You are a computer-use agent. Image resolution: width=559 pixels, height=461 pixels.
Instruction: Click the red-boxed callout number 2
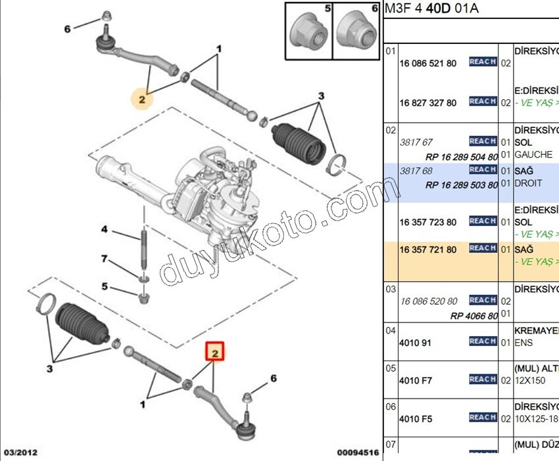pyautogui.click(x=216, y=353)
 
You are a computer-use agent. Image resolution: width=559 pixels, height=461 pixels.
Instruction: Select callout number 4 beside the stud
pyautogui.click(x=104, y=229)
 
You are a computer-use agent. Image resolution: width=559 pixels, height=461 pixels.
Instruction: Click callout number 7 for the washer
pyautogui.click(x=104, y=259)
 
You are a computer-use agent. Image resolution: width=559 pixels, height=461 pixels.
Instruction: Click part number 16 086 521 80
pyautogui.click(x=427, y=64)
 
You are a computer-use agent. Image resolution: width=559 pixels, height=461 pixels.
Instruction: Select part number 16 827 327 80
pyautogui.click(x=427, y=103)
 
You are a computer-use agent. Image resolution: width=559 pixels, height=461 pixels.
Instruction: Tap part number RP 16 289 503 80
pyautogui.click(x=461, y=185)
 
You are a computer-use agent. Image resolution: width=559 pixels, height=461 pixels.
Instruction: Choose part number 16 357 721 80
pyautogui.click(x=427, y=250)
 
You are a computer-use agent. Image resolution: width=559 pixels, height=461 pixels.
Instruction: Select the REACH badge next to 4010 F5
pyautogui.click(x=483, y=417)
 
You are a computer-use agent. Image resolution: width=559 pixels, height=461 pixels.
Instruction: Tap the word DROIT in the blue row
pyautogui.click(x=528, y=183)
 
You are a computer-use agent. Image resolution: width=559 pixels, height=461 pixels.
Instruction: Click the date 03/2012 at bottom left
pyautogui.click(x=22, y=452)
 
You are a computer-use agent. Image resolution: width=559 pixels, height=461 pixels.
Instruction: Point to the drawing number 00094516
pyautogui.click(x=357, y=452)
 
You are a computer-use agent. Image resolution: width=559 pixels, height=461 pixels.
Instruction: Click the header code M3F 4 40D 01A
pyautogui.click(x=431, y=9)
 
